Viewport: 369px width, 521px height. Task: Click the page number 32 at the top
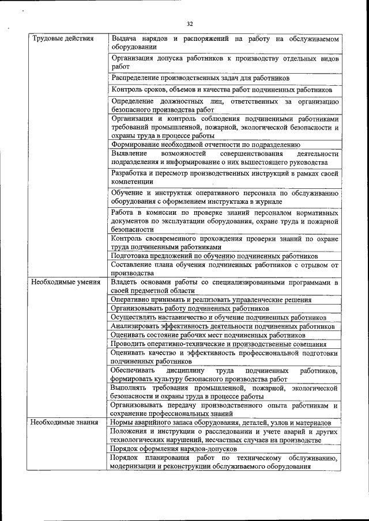coord(190,24)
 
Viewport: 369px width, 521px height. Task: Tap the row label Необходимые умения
coord(66,283)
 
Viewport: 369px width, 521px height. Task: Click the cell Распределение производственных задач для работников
coord(200,78)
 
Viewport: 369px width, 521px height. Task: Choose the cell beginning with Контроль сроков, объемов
coord(221,90)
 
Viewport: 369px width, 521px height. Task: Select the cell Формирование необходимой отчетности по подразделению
coord(206,144)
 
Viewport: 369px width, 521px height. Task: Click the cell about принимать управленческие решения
coord(211,299)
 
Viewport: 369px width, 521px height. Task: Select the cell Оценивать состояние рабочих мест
coord(208,334)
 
